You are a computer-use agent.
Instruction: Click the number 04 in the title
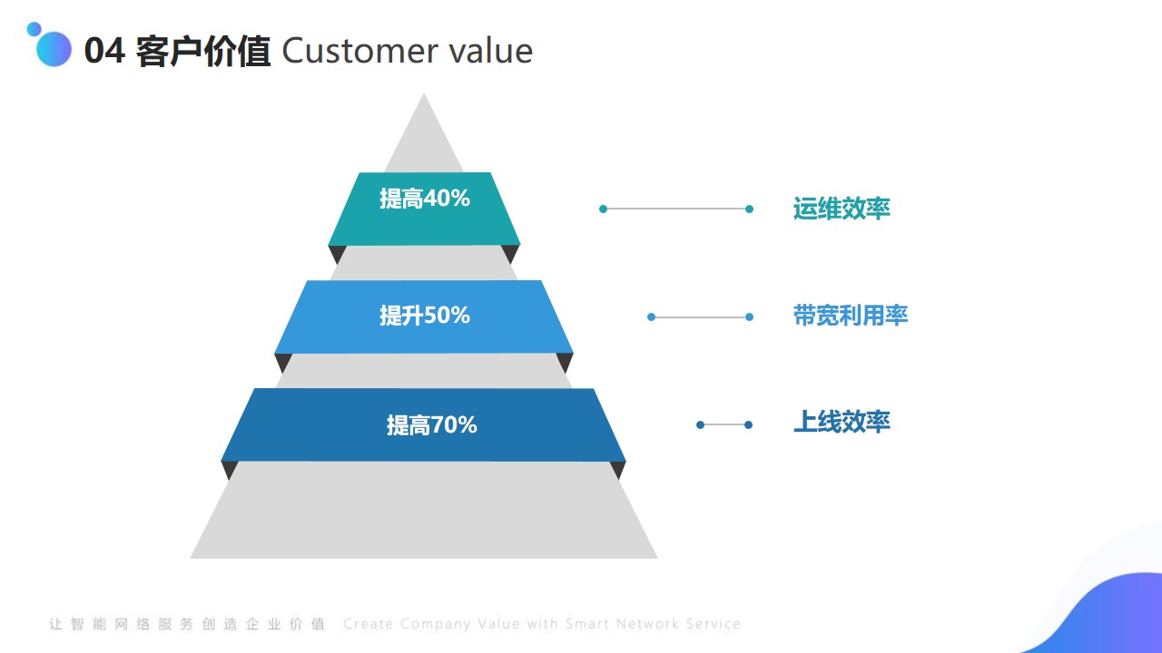click(104, 51)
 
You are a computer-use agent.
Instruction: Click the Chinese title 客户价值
click(202, 52)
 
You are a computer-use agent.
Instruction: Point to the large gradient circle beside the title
click(54, 49)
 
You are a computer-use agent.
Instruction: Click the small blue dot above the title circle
click(34, 29)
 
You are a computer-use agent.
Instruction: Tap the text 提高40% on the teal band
click(424, 199)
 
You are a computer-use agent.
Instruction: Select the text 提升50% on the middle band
click(424, 315)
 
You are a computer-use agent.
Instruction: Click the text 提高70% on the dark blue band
click(431, 425)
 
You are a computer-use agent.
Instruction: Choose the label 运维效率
click(842, 209)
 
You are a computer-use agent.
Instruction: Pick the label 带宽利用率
click(851, 315)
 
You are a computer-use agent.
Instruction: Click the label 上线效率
click(842, 422)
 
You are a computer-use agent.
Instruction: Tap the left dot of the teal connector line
click(603, 209)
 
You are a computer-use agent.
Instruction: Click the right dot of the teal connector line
click(749, 209)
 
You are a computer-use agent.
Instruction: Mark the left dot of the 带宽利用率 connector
click(652, 317)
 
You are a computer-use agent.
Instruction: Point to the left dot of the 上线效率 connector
click(700, 425)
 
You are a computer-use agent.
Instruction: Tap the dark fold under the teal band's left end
click(337, 254)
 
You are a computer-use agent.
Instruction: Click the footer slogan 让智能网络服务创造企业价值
click(187, 623)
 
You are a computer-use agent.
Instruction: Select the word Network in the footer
click(647, 623)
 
